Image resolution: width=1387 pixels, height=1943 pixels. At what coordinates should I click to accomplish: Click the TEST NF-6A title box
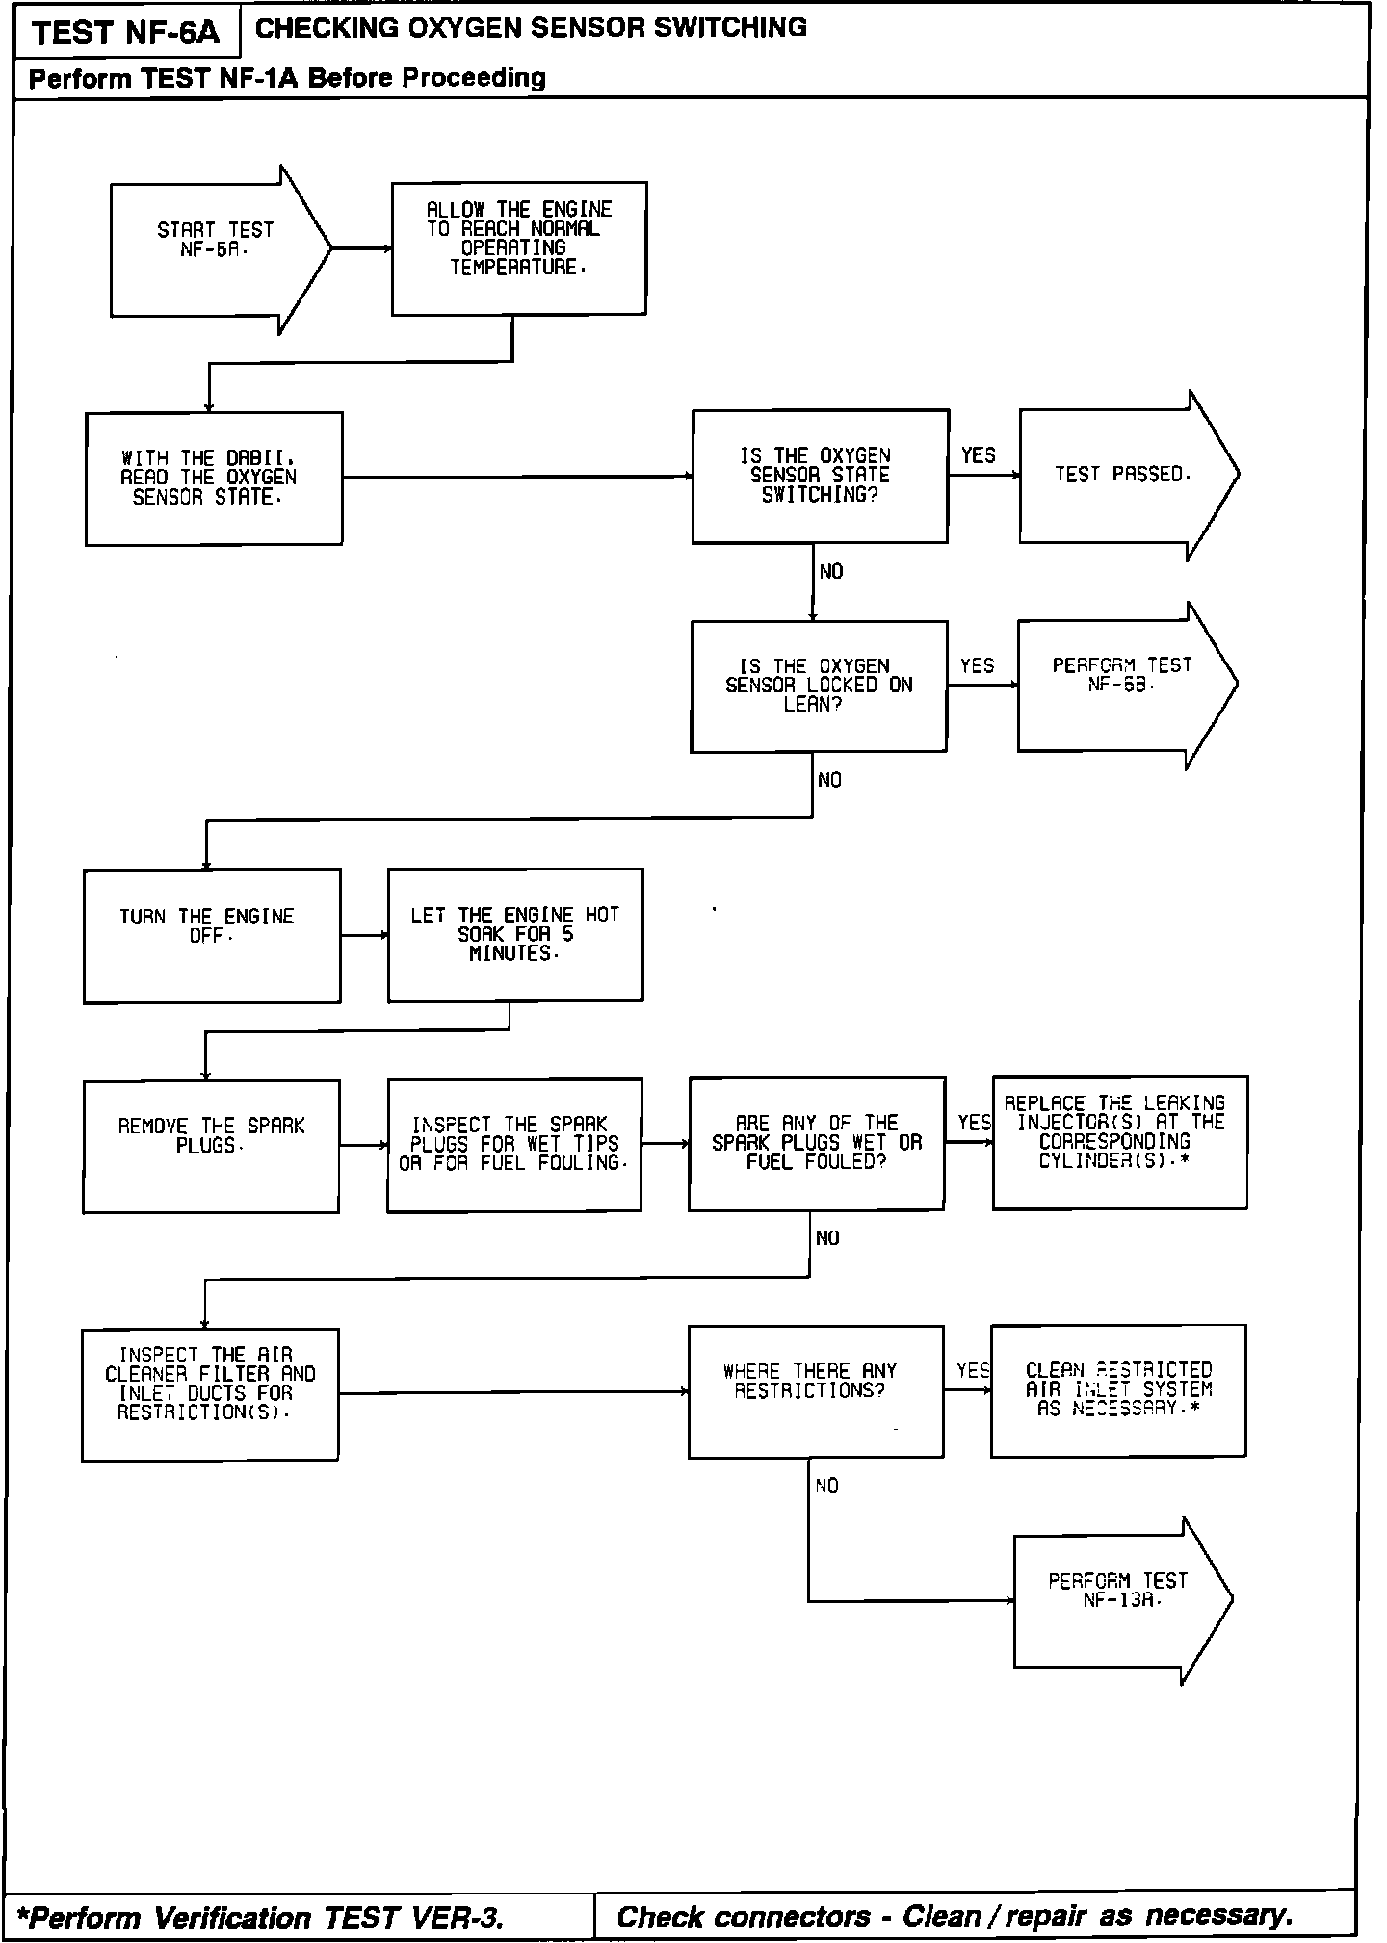[126, 35]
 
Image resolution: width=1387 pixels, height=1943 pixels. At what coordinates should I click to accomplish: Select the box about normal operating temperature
[518, 248]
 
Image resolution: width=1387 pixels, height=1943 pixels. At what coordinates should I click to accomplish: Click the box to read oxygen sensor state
[214, 479]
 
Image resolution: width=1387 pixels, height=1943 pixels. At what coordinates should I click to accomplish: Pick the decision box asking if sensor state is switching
[820, 476]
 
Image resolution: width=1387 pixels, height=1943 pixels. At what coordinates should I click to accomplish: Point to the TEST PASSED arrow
[1123, 475]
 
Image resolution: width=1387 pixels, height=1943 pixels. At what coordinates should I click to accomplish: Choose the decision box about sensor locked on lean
[818, 686]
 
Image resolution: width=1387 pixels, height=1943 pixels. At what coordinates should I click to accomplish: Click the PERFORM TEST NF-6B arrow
[1121, 684]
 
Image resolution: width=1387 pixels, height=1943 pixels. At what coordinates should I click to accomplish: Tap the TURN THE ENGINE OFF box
[211, 936]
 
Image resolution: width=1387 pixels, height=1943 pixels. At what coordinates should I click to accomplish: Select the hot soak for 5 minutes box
[515, 935]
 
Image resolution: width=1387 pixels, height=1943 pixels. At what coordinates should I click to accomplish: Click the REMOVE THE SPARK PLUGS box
[211, 1146]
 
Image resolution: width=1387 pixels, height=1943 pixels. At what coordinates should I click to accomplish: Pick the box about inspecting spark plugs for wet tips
[514, 1144]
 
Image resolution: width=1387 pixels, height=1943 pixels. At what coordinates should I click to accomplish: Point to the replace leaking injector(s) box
[1119, 1142]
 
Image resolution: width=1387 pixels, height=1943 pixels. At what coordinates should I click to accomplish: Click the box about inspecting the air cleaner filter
[210, 1394]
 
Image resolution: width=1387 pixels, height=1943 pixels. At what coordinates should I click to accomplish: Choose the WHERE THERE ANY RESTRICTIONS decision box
[815, 1391]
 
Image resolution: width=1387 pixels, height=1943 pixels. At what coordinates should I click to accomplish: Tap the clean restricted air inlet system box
[1117, 1389]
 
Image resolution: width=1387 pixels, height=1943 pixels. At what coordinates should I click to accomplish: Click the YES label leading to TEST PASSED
[978, 455]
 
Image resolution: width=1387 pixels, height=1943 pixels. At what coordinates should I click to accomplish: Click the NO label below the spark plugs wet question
[827, 1238]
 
